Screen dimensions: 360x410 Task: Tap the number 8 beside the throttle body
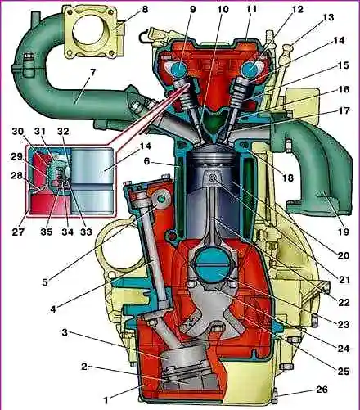tap(145, 10)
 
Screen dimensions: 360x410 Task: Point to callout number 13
tap(329, 17)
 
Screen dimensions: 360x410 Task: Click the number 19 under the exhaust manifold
tap(343, 232)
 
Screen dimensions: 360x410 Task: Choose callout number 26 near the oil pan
tap(322, 389)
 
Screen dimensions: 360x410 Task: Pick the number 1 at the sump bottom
tap(106, 400)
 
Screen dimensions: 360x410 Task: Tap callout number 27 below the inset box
tap(18, 232)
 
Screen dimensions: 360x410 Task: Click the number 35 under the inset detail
tap(47, 232)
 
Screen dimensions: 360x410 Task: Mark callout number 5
tap(44, 282)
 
